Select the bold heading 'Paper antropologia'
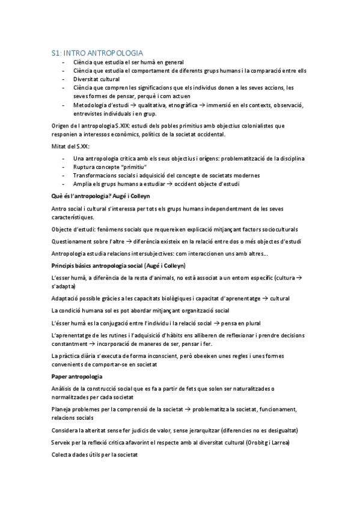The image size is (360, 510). click(x=77, y=376)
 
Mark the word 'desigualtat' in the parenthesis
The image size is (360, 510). click(x=279, y=431)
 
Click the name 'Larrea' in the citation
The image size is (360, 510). click(x=279, y=443)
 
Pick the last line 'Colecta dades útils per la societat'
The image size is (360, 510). click(x=95, y=455)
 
